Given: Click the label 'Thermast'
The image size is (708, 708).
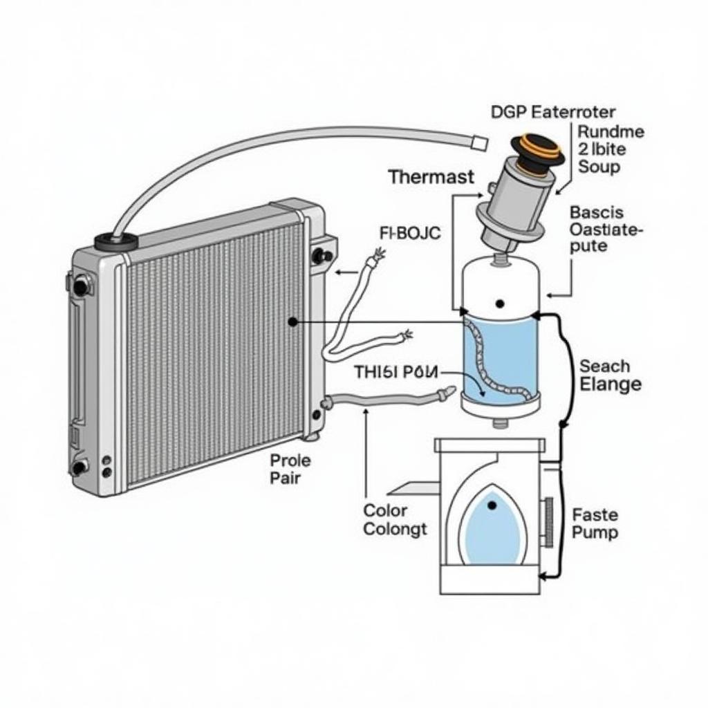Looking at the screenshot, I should point(431,176).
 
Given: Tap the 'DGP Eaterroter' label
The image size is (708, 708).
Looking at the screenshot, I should point(552,111).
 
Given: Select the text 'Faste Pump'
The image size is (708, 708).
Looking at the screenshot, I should point(595,523).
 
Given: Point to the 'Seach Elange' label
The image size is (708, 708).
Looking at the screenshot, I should point(609,375).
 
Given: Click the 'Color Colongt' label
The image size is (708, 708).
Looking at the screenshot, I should point(395,520).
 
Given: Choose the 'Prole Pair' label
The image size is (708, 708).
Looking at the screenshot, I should point(290,469).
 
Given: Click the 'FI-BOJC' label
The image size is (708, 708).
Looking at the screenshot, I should point(410,233).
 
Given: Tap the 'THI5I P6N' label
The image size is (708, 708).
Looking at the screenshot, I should point(396,372).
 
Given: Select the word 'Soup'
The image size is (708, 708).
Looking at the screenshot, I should point(599,167).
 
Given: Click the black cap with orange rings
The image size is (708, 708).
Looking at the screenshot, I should point(537,151).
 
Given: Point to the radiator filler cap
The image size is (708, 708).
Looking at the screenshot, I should point(115,241).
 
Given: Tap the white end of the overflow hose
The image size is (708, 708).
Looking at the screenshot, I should point(478,142).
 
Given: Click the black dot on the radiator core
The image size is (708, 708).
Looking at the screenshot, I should point(293,322).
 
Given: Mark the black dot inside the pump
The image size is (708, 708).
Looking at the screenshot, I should point(492,506).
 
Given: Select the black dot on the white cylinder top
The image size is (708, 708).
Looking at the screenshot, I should point(499,304).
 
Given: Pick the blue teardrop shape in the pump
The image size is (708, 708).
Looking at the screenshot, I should point(492,529).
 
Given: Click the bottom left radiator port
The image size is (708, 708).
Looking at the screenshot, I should point(80,467).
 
